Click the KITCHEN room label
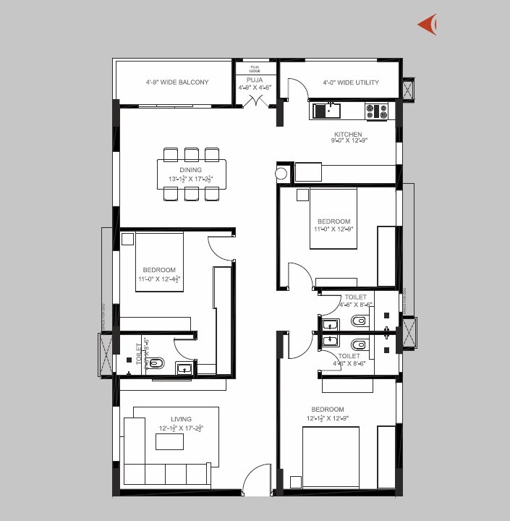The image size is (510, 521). point(347,135)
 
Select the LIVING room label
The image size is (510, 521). point(181,419)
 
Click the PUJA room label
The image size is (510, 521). point(254,80)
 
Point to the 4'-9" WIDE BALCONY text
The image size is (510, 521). point(177,82)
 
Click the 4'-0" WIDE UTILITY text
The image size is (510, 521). point(350,82)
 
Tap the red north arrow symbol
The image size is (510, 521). point(428,25)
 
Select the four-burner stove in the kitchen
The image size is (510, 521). point(376,111)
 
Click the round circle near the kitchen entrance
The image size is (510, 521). point(281,174)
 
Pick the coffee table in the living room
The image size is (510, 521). point(170,441)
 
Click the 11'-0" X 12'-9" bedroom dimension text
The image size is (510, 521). point(333,229)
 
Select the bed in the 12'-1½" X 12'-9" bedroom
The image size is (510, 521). point(330,456)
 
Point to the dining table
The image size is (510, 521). point(191,174)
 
